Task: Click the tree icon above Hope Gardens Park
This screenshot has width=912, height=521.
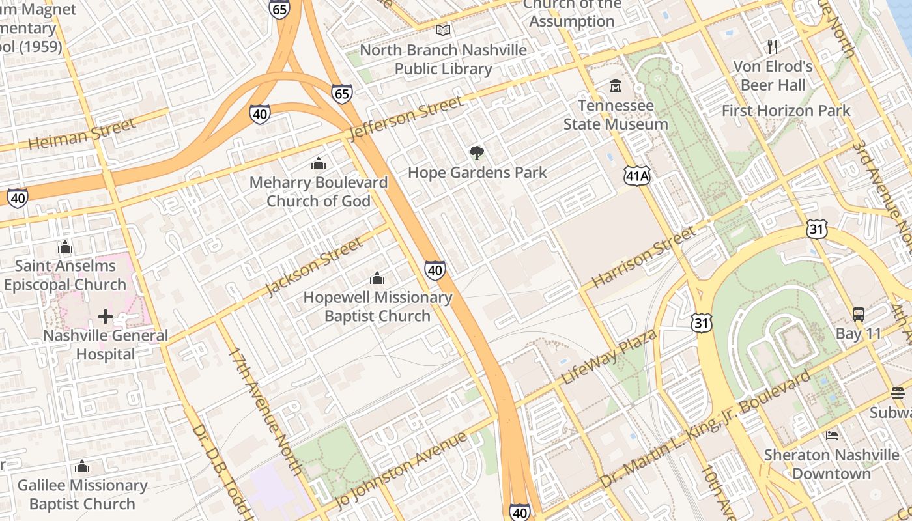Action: click(477, 153)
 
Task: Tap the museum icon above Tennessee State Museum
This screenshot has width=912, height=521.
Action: click(616, 85)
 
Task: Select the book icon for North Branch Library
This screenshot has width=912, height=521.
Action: click(443, 30)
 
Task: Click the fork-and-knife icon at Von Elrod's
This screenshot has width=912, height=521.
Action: click(773, 46)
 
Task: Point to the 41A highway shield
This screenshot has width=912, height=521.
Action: click(637, 175)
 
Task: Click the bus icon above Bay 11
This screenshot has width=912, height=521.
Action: click(859, 314)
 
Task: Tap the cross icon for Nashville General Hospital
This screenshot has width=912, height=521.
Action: click(105, 317)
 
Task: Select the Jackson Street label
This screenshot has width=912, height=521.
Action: click(314, 267)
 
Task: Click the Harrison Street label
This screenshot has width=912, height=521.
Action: click(644, 258)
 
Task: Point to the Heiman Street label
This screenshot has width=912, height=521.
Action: click(83, 134)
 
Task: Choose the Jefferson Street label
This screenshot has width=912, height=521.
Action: click(406, 118)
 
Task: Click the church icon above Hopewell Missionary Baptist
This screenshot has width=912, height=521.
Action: click(377, 279)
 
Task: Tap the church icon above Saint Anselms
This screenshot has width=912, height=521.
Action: click(64, 247)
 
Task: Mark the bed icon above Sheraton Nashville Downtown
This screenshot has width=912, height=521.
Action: click(832, 435)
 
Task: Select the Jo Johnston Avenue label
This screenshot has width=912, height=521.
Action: click(402, 470)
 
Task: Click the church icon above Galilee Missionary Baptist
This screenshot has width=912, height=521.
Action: click(82, 466)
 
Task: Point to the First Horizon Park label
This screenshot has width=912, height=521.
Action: click(786, 111)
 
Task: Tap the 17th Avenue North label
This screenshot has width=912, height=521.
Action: click(266, 412)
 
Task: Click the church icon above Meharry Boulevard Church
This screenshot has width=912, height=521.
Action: click(319, 163)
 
